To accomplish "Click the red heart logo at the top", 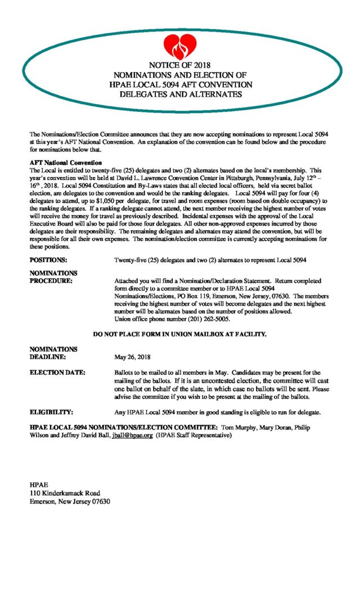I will coord(181,46).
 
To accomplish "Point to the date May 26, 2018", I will coord(132,356).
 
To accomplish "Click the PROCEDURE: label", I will coord(51,280).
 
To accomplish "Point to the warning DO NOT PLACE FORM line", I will coord(179,334).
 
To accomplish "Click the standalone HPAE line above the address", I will coord(39,484).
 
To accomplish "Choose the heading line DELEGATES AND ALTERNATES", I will coord(181,94).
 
